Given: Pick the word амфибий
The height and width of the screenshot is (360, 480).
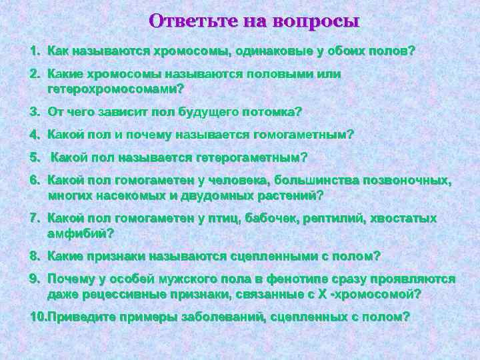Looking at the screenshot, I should point(80,233).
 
